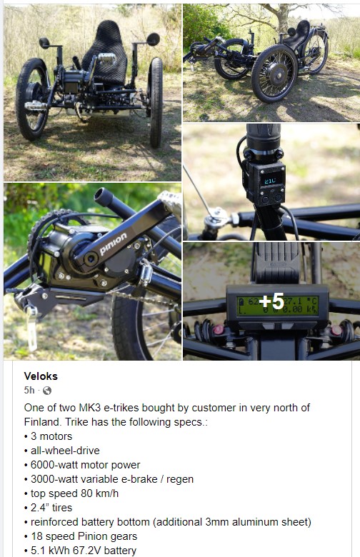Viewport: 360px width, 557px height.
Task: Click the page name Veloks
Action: tap(41, 376)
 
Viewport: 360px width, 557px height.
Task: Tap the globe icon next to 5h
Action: tap(47, 391)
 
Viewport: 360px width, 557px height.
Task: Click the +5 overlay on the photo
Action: tap(271, 301)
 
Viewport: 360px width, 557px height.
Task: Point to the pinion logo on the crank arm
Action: tap(114, 244)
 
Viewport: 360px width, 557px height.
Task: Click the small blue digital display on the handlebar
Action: tap(271, 181)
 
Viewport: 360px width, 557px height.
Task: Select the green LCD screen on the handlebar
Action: tap(278, 306)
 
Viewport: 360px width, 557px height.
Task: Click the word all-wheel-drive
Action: tap(65, 451)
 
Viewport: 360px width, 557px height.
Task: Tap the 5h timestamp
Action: tap(29, 391)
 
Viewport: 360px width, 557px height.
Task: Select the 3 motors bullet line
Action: tap(51, 436)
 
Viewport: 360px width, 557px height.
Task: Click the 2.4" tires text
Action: tap(51, 508)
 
